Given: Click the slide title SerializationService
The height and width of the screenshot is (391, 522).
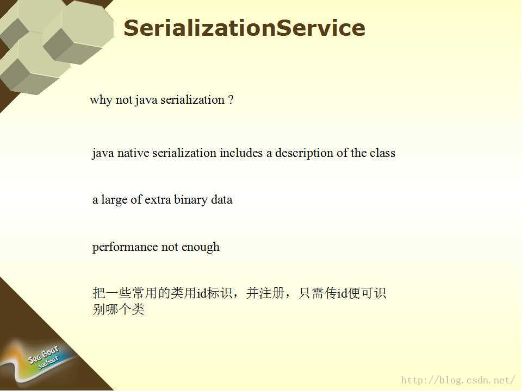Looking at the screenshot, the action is point(244,28).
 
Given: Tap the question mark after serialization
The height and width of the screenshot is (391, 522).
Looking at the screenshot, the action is point(231,100).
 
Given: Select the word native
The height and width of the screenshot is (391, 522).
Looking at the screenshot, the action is point(133,153).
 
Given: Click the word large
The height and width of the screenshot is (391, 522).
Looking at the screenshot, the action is point(114,200).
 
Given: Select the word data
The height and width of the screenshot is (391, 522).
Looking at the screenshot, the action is point(222,199).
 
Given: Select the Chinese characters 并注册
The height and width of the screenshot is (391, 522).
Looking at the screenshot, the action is point(265,293).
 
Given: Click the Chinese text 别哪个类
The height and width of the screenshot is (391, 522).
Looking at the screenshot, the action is point(119,309).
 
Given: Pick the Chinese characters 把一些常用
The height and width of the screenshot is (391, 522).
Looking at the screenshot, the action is point(125,293).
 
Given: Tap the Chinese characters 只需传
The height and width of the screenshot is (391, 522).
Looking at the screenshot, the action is point(318,293).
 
